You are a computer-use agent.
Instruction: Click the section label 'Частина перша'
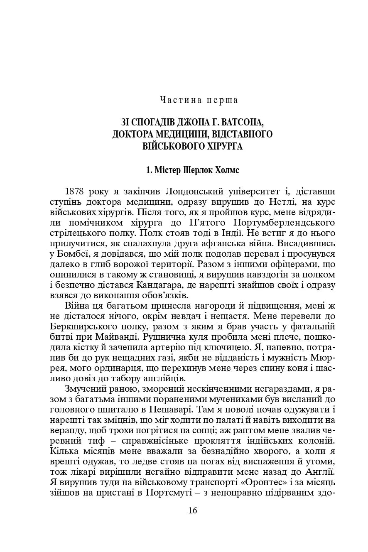click(x=199, y=100)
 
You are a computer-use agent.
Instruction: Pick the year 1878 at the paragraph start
click(x=76, y=191)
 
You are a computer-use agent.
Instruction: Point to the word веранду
click(x=64, y=430)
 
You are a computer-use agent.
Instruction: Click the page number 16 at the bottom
click(x=192, y=510)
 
